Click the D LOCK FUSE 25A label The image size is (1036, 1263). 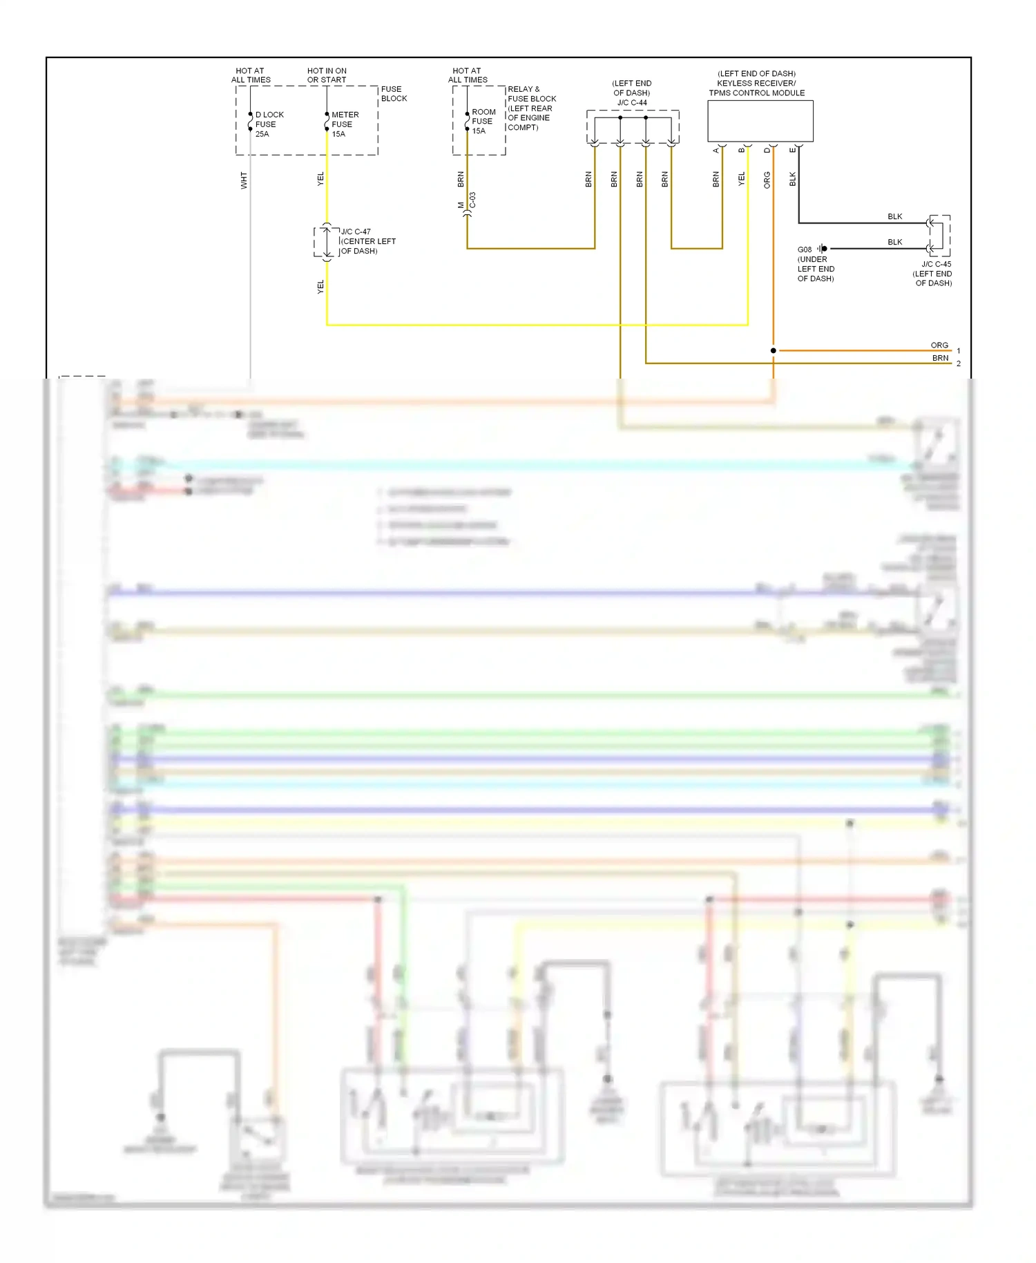269,124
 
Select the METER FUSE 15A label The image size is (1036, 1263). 344,124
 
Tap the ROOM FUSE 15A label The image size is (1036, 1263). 483,121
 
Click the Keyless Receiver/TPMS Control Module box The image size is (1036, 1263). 760,121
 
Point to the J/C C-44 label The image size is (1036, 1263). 632,102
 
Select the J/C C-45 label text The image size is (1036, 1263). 936,264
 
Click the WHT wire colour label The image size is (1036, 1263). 243,180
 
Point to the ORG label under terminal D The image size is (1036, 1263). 767,180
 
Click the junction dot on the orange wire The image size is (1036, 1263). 773,351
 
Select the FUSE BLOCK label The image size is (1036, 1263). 394,94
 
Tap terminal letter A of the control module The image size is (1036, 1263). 716,150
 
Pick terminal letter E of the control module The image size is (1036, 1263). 792,150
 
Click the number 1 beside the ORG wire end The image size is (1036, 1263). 959,351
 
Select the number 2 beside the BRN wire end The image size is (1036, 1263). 959,363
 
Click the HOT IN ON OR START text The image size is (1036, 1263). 327,75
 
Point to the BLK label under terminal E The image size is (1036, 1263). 792,180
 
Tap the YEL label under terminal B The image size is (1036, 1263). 741,180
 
